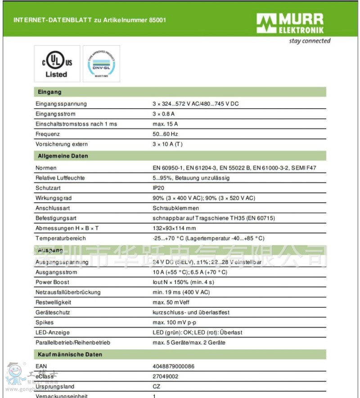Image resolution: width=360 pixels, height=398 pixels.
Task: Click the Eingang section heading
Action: (49, 92)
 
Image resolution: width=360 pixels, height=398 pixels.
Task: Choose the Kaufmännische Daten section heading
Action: (70, 354)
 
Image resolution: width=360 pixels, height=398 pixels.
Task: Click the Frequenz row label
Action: (48, 134)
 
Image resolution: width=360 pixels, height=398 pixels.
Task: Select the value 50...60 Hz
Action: (166, 134)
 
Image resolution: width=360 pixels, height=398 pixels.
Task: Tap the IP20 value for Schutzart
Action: (158, 188)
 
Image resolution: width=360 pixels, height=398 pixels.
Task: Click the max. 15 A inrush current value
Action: (165, 124)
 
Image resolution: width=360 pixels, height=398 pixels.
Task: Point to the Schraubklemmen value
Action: (175, 208)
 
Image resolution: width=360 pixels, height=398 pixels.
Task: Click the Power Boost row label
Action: (52, 282)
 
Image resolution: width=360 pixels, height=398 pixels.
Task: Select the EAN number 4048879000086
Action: (174, 367)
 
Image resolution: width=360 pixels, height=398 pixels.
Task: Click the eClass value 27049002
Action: (166, 376)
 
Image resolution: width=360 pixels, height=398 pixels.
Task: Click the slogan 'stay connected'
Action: (310, 41)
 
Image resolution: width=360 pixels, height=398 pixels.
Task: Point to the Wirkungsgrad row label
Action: (54, 198)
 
